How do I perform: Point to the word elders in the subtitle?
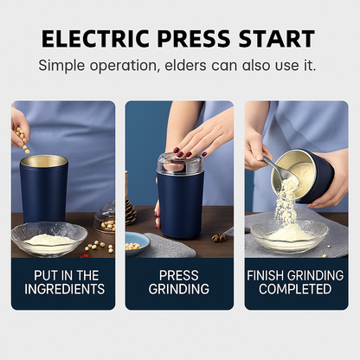[x=200, y=66]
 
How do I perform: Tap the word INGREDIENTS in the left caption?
[x=63, y=289]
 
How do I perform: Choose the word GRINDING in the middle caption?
[x=179, y=289]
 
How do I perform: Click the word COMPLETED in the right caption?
[x=296, y=289]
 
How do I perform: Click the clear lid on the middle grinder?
[x=180, y=162]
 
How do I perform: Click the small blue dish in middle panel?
[x=136, y=242]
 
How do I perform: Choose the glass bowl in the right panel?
[x=289, y=235]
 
